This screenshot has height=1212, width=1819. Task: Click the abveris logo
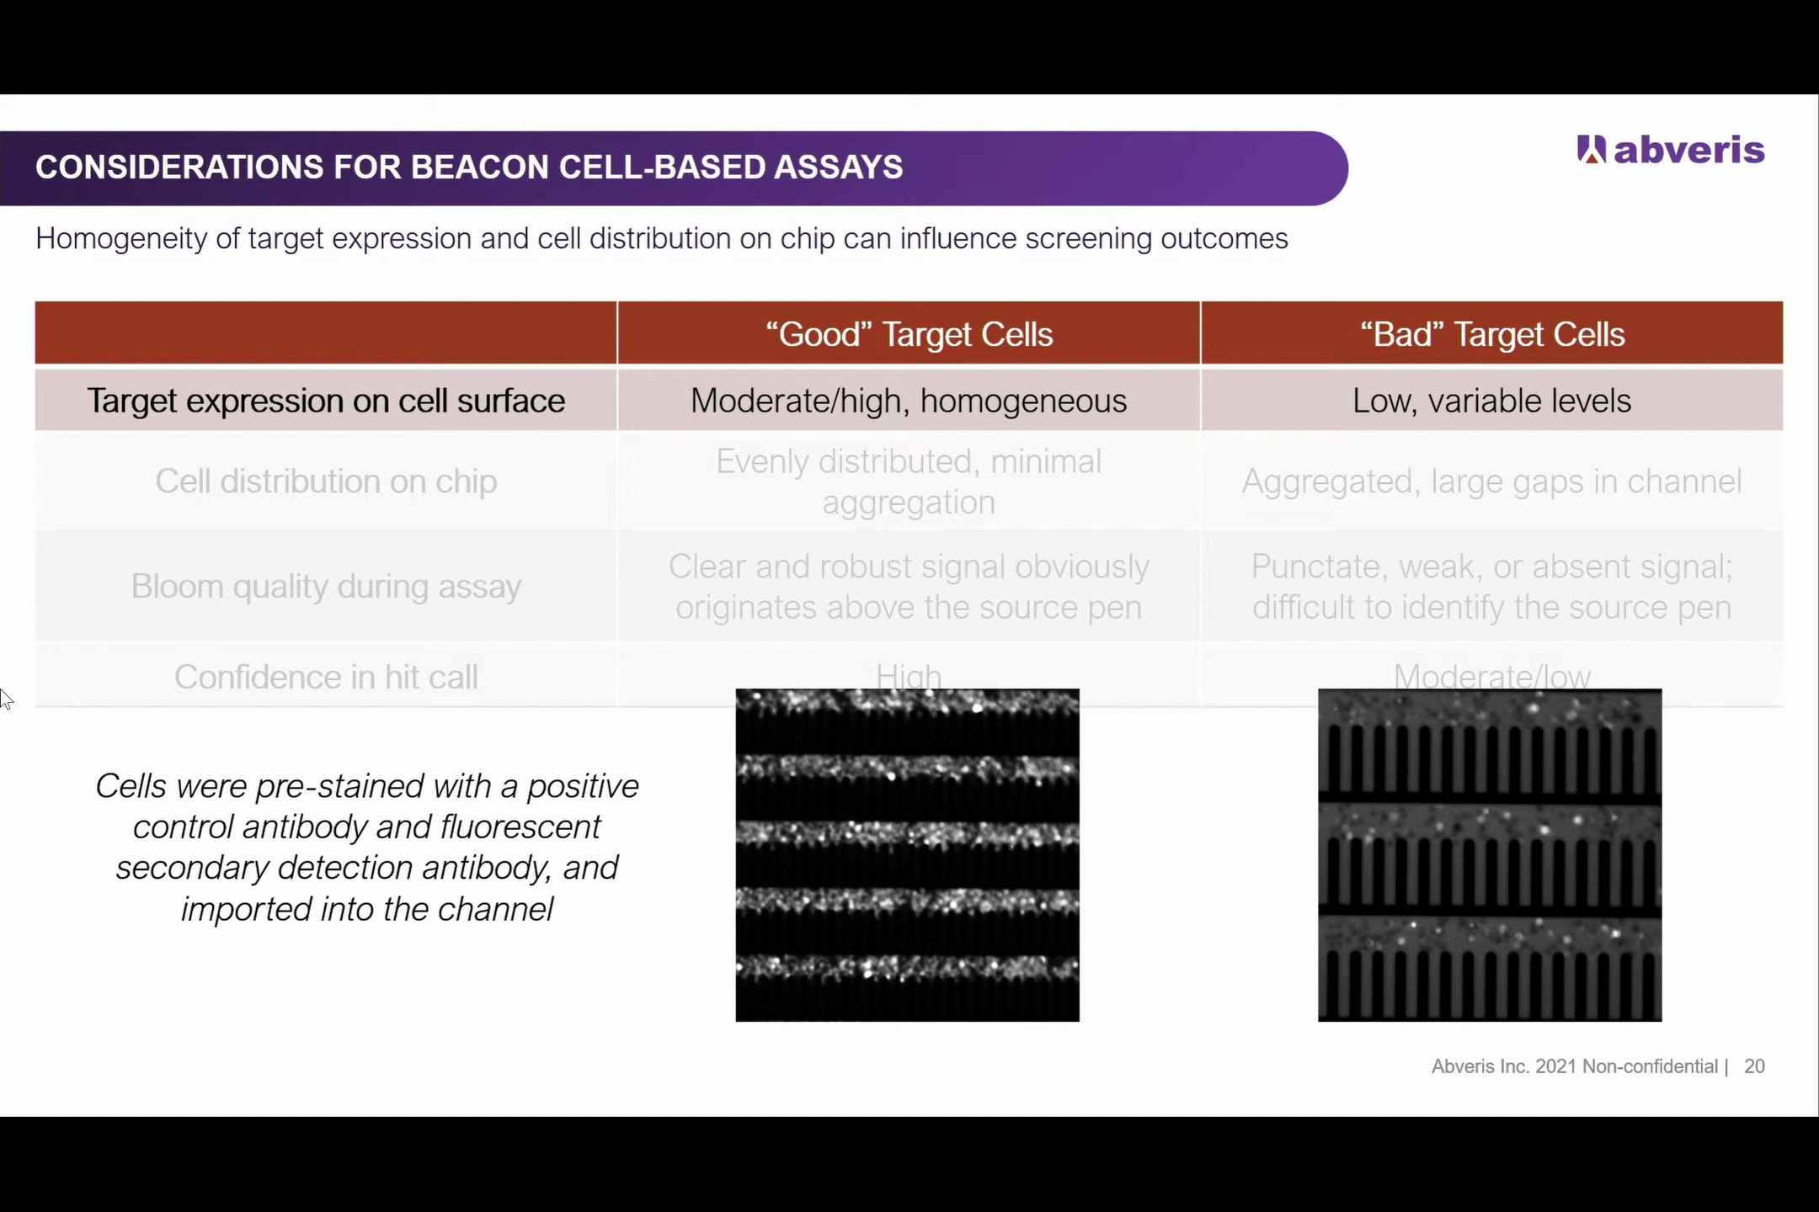click(x=1670, y=150)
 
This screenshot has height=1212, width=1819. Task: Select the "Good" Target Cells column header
click(x=909, y=334)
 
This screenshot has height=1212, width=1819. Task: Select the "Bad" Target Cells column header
click(x=1491, y=334)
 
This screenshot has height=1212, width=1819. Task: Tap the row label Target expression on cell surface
click(x=326, y=401)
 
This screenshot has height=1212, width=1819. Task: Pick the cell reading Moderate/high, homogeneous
click(x=909, y=401)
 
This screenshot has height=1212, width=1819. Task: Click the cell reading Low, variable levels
click(x=1491, y=401)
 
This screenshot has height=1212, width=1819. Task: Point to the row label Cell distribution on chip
click(x=326, y=481)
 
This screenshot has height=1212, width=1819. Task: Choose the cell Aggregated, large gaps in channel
click(x=1491, y=481)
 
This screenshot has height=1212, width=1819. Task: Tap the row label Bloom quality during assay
click(x=326, y=586)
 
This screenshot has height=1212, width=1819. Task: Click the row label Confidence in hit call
click(x=326, y=677)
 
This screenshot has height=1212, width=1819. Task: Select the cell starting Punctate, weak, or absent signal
click(x=1491, y=586)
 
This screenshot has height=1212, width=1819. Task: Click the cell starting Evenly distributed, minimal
click(x=909, y=481)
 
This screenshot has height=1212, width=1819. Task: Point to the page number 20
click(x=1754, y=1066)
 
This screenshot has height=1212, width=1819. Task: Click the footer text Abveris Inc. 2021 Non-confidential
click(x=1574, y=1066)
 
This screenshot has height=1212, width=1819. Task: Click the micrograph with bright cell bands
click(x=907, y=855)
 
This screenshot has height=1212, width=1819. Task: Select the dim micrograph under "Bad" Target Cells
click(x=1490, y=855)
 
